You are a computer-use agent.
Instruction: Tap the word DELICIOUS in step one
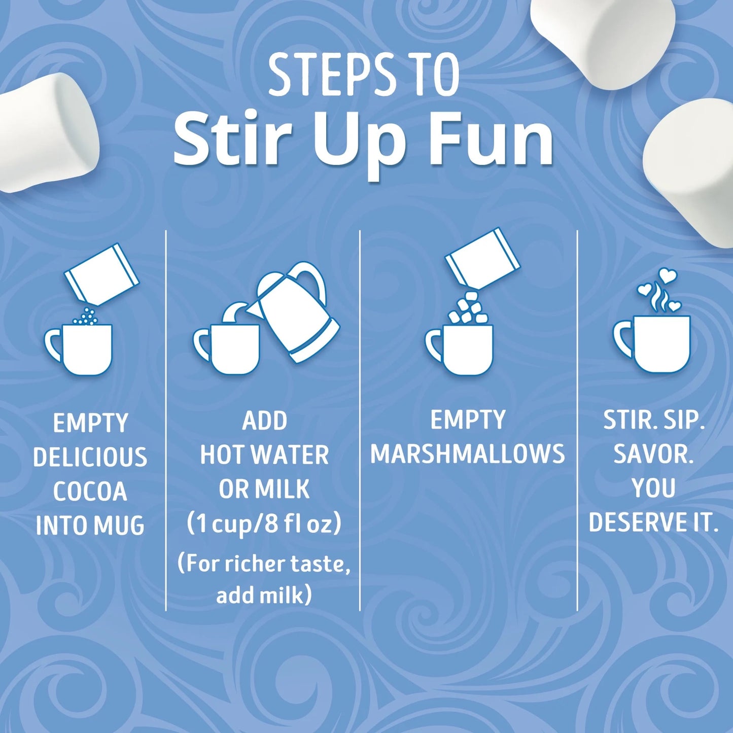pos(90,457)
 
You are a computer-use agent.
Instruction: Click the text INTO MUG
pos(90,526)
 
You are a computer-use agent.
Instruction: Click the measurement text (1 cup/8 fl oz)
pos(264,524)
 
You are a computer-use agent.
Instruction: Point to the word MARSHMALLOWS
pos(468,453)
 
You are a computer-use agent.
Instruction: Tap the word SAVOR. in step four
pos(653,454)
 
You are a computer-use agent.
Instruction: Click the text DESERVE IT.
pos(653,522)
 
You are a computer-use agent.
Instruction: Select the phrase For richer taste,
pos(264,564)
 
